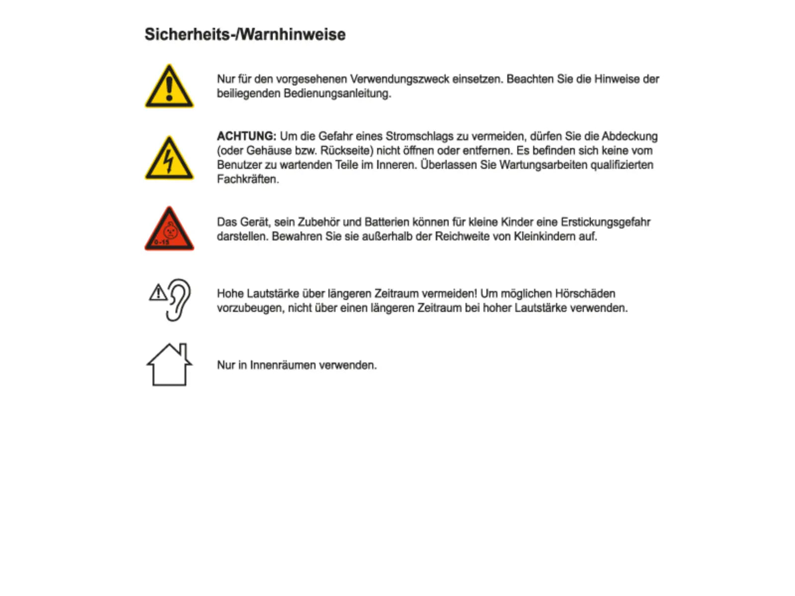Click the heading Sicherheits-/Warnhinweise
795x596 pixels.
click(x=245, y=34)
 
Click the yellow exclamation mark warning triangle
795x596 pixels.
click(x=169, y=87)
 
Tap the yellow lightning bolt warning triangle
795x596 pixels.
click(x=169, y=159)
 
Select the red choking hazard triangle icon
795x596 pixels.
click(x=169, y=230)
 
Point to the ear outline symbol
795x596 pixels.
click(x=179, y=299)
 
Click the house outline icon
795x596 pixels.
click(x=169, y=365)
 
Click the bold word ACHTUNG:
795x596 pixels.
click(x=246, y=136)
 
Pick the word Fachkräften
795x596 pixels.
click(x=247, y=179)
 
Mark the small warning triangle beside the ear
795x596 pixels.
click(x=158, y=293)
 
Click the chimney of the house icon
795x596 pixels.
click(x=183, y=350)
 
